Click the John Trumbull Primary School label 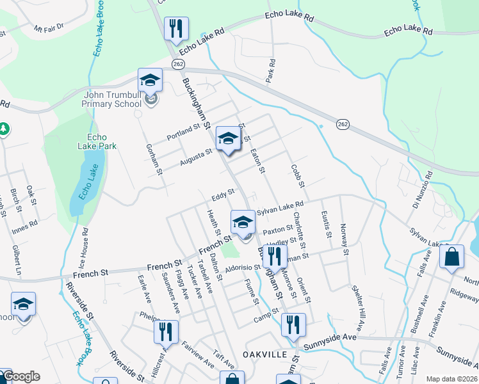tap(113, 99)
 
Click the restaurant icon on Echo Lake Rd tap(174, 29)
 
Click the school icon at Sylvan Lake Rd tap(243, 223)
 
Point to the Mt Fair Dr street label tap(49, 28)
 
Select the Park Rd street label tap(272, 71)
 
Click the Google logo tap(20, 376)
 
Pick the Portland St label tap(183, 130)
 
